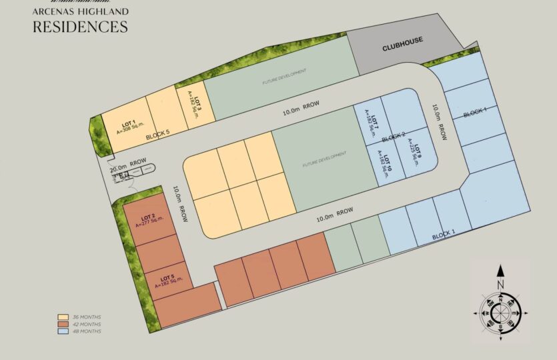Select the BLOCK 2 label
tap(394, 138)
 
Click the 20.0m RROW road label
tap(129, 161)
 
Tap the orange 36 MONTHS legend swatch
tap(63, 317)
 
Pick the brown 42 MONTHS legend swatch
tap(63, 325)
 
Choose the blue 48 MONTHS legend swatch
tap(63, 331)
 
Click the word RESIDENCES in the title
tap(80, 27)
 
